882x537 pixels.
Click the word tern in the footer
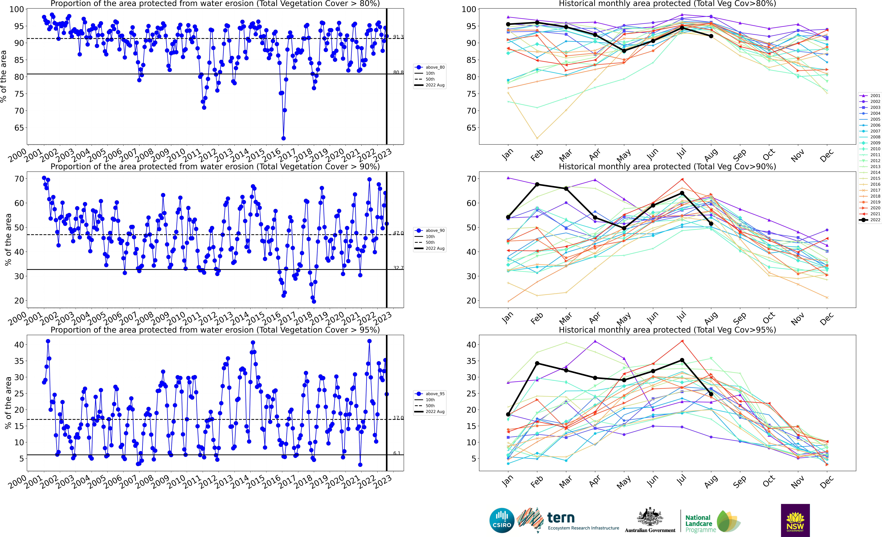561,518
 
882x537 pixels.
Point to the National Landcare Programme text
700,523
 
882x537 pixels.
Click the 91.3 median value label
398,37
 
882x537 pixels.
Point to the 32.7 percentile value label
398,268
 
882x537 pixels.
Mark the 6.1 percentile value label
397,453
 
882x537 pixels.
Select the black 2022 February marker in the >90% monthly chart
537,184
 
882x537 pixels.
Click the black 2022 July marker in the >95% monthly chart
682,360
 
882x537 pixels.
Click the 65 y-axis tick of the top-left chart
19,128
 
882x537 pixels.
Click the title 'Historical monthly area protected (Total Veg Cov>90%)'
667,167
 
